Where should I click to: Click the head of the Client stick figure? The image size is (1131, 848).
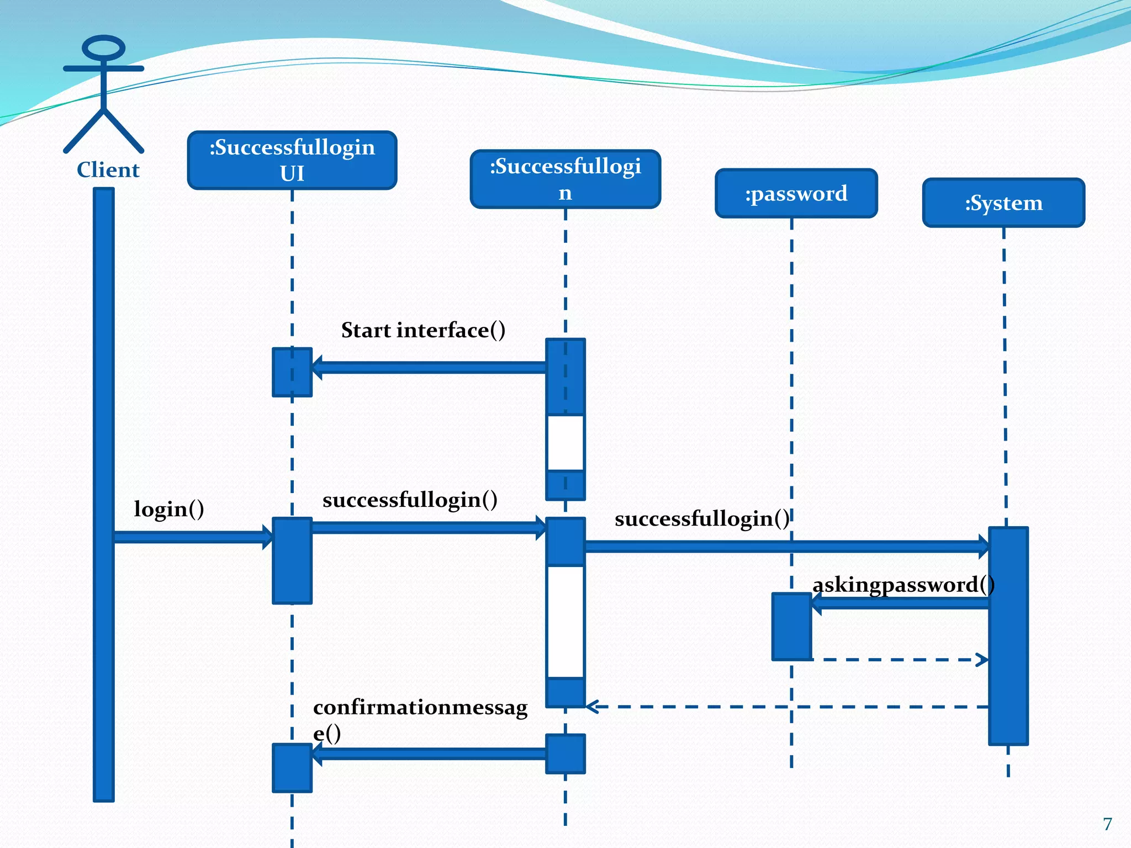(103, 48)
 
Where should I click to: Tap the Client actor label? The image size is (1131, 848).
(108, 169)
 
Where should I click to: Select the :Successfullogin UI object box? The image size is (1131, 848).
(292, 160)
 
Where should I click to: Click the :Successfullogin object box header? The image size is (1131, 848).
(565, 179)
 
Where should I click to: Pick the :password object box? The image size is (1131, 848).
(796, 193)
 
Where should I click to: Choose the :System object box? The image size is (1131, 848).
(1003, 203)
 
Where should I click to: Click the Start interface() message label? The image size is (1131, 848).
(423, 330)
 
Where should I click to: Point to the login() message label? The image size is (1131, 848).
(169, 508)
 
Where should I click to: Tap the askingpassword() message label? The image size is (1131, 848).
(903, 585)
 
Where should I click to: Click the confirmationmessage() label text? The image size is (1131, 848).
(420, 708)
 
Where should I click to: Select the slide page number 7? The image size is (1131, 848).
(1107, 824)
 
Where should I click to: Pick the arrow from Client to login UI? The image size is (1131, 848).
(193, 537)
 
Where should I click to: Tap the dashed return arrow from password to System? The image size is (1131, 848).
(900, 659)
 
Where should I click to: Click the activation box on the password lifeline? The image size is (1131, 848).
(791, 627)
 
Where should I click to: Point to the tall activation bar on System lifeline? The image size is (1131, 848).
(1008, 635)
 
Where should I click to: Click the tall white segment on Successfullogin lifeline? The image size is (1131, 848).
(565, 622)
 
